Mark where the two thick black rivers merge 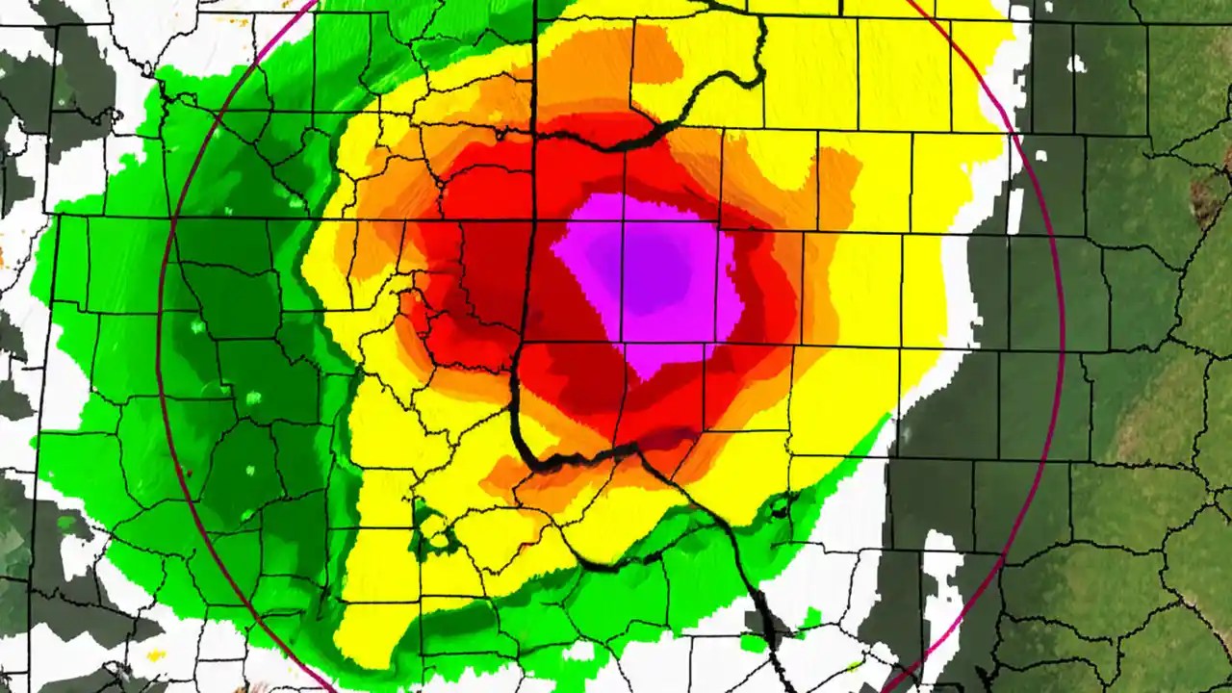(636, 449)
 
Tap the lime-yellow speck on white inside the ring (853, 664)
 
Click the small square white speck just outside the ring (1076, 64)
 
